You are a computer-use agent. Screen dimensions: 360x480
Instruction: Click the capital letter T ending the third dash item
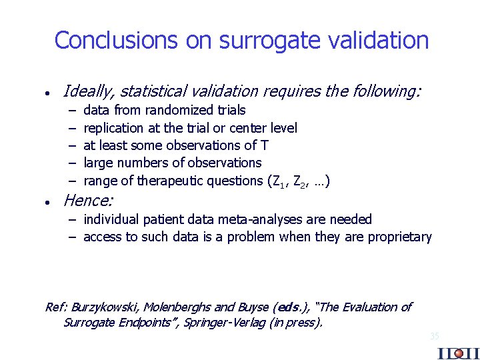265,145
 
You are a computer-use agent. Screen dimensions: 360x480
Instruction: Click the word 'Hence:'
88,200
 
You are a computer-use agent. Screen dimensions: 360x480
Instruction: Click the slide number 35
434,337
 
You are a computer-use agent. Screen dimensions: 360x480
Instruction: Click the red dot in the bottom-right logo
458,353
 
